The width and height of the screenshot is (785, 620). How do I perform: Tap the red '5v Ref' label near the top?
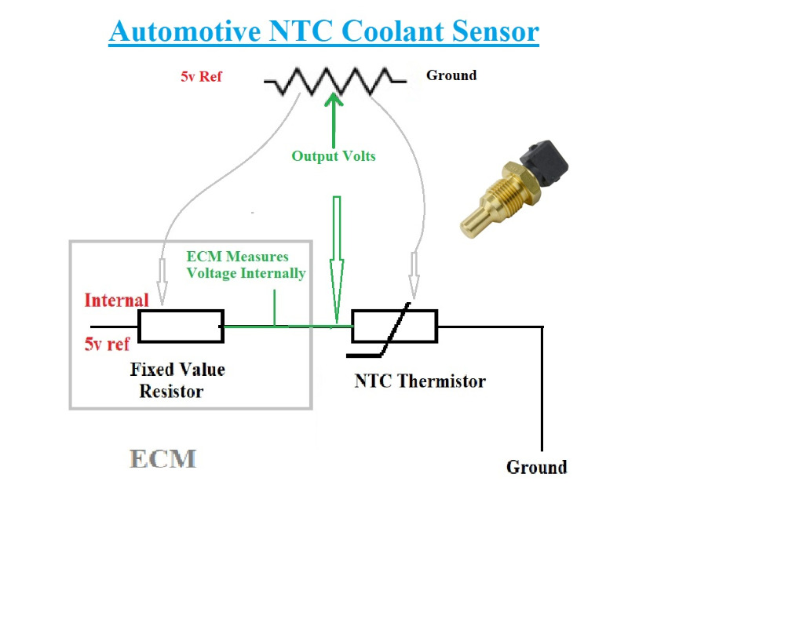pos(202,78)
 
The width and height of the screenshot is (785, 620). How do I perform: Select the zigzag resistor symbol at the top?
pos(335,81)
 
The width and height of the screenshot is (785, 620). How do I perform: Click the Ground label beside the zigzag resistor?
pos(451,75)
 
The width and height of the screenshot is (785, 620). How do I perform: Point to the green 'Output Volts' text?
pos(334,156)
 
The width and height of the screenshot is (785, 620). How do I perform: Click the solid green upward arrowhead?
pos(334,102)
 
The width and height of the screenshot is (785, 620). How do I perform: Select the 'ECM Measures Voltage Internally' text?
pos(245,265)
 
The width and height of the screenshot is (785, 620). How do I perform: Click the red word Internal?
pos(116,300)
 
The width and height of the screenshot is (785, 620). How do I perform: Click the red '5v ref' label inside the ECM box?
pos(107,344)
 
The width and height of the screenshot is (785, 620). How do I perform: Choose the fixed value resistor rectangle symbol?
pos(181,326)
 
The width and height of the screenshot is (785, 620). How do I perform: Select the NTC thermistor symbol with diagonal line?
pos(394,326)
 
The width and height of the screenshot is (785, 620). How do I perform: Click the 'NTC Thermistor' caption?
pos(420,381)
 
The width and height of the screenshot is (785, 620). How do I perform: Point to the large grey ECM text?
pos(162,458)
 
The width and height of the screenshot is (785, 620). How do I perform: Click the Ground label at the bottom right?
pos(536,467)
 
